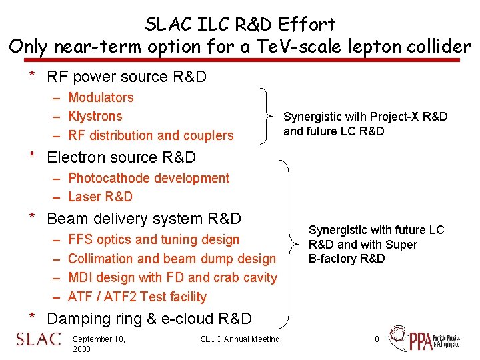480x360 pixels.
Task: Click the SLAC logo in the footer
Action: pos(38,339)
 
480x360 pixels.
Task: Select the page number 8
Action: pos(377,339)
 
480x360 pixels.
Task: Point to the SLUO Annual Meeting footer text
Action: pos(240,339)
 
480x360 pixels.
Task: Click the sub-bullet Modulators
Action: pos(101,97)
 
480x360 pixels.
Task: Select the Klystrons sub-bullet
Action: pos(95,116)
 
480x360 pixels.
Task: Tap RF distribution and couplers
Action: pos(151,135)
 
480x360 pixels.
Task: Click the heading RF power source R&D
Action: pos(126,77)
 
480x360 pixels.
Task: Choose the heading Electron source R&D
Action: pos(121,157)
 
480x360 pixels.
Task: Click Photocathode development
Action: pos(149,178)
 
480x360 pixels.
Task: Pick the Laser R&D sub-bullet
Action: pos(100,197)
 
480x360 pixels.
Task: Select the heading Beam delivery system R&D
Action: pos(143,219)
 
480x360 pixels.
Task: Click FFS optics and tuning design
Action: pos(153,239)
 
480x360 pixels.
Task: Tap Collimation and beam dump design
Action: pos(171,259)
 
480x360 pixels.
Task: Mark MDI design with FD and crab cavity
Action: pos(172,277)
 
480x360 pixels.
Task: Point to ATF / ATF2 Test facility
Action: pos(137,297)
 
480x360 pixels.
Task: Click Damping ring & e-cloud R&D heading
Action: pos(149,319)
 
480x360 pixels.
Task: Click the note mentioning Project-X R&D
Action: pos(365,124)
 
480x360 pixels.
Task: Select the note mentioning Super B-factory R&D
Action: pos(375,244)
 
